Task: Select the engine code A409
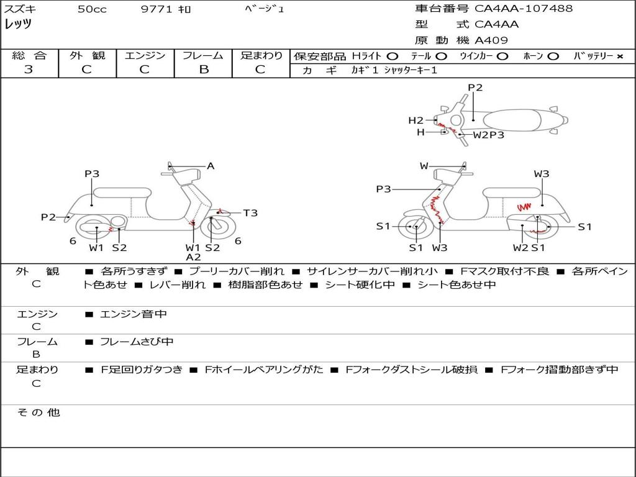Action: click(x=491, y=40)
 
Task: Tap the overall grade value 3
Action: click(x=29, y=70)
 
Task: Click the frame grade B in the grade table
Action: click(x=204, y=70)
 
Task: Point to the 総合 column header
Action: click(x=29, y=55)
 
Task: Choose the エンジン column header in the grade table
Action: click(x=145, y=55)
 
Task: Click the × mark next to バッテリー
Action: click(x=619, y=56)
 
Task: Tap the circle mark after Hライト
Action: click(x=393, y=56)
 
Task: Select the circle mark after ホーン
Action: click(x=553, y=56)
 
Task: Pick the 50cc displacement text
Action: click(x=92, y=9)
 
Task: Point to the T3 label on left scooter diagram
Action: click(x=250, y=213)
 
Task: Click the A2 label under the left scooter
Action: click(x=193, y=257)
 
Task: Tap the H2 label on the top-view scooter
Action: click(x=416, y=120)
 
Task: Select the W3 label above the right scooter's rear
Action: click(x=542, y=174)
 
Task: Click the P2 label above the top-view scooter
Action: click(x=475, y=88)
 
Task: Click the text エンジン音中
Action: click(x=134, y=314)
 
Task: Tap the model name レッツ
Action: click(x=18, y=25)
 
